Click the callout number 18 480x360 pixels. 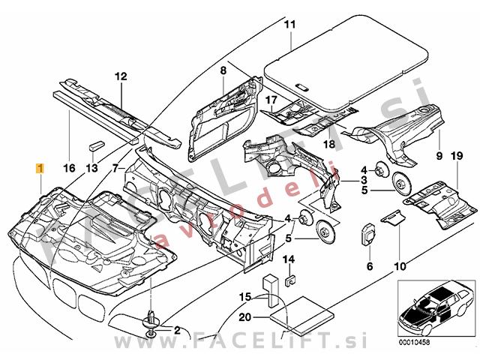[328, 144]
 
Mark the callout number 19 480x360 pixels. [454, 156]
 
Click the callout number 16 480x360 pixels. [70, 169]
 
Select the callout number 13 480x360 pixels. [91, 169]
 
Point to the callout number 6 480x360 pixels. [370, 265]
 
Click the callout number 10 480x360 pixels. [399, 265]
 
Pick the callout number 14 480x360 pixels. [288, 259]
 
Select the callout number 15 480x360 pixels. [243, 298]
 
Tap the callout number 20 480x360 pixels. [243, 317]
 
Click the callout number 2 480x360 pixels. [178, 329]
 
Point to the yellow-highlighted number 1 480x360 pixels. [39, 169]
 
